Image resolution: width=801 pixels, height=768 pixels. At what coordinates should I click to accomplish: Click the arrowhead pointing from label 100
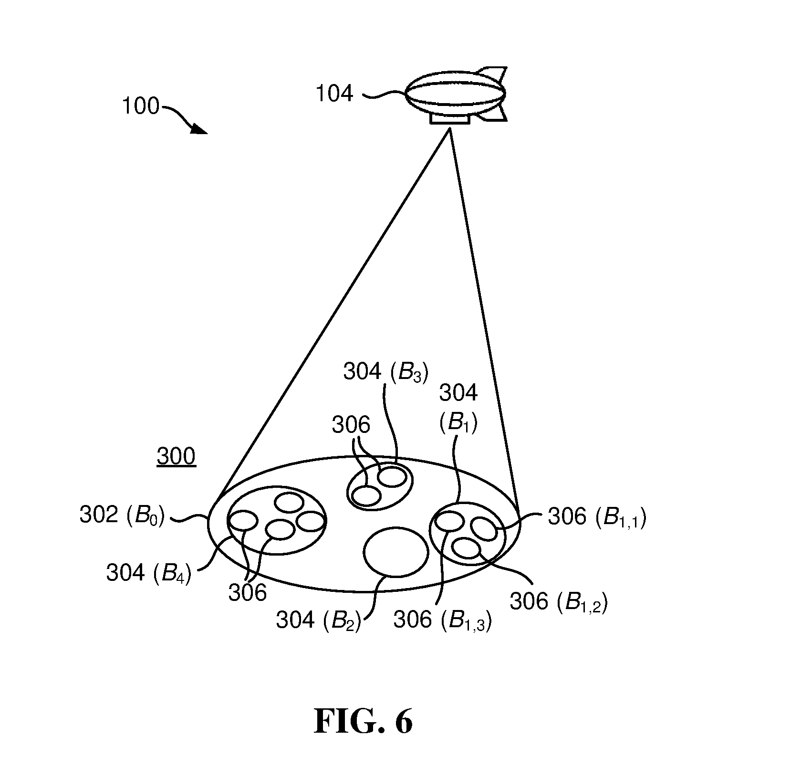point(199,129)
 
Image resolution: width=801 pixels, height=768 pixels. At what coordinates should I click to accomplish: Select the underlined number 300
point(176,456)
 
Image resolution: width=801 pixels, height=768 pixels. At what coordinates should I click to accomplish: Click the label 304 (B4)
point(149,572)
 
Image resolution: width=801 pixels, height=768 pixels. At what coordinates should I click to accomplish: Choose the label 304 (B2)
point(319,620)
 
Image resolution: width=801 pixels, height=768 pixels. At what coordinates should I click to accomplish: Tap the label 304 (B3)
point(386,372)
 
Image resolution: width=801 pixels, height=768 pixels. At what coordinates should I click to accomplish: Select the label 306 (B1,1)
point(597,516)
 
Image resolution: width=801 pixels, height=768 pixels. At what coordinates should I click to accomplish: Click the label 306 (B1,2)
point(559,601)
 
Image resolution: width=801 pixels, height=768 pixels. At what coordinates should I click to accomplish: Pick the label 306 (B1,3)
point(442,620)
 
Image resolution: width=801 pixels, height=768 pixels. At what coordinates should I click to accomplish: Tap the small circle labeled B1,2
point(466,548)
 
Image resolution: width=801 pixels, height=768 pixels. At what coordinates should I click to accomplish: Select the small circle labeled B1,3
point(450,521)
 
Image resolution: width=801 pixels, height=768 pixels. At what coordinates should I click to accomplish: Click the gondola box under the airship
point(450,118)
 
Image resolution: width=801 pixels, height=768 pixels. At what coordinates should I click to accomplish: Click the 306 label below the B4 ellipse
point(247,592)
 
